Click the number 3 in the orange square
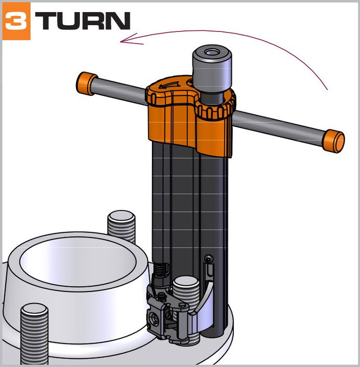point(16,21)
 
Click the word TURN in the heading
point(83,21)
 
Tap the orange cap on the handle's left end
point(86,83)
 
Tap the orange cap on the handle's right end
point(333,141)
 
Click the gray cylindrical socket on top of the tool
point(212,69)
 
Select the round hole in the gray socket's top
point(212,52)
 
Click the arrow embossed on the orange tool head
point(169,85)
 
